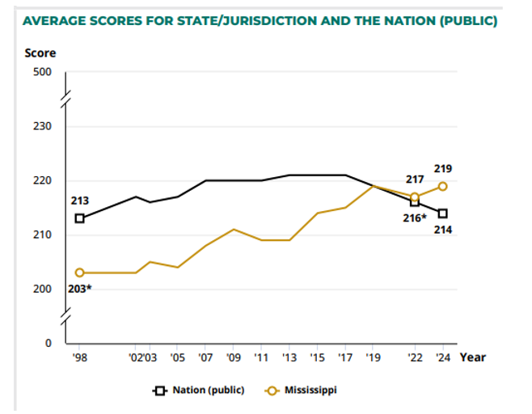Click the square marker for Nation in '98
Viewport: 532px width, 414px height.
[79, 218]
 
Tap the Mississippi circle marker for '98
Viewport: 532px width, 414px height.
[79, 272]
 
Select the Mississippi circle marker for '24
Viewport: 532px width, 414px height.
[443, 186]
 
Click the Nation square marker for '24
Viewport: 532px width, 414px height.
[443, 213]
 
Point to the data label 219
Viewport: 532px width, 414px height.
[442, 169]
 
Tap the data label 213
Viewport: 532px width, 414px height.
[79, 201]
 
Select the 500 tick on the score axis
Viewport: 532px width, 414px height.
[42, 72]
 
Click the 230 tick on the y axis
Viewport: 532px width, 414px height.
[42, 127]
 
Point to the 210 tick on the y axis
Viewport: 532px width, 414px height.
[42, 235]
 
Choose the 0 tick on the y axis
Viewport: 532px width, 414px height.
[48, 343]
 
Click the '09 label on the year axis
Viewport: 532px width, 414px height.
[234, 357]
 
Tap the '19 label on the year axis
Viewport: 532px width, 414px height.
[372, 357]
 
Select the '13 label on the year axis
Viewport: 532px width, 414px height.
[289, 357]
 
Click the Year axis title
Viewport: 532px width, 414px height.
[473, 357]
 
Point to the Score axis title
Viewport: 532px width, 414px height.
[40, 53]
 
